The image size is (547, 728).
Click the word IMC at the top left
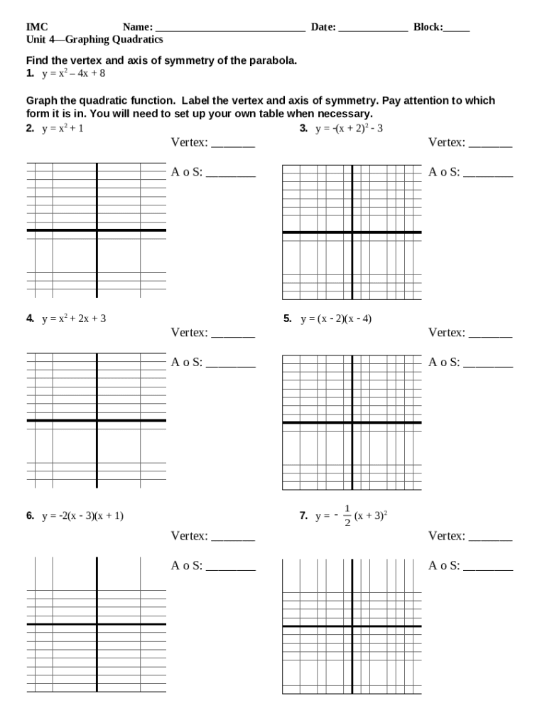point(37,28)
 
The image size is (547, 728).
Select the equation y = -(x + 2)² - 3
point(350,129)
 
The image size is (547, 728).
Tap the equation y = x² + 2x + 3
point(74,318)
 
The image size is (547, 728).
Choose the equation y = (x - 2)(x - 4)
point(336,318)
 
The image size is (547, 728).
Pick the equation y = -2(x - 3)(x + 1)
point(82,516)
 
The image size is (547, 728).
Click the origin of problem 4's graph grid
point(97,420)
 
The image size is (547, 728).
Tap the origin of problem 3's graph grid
point(352,232)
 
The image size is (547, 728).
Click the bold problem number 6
point(31,516)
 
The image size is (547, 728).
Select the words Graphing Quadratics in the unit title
point(114,39)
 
